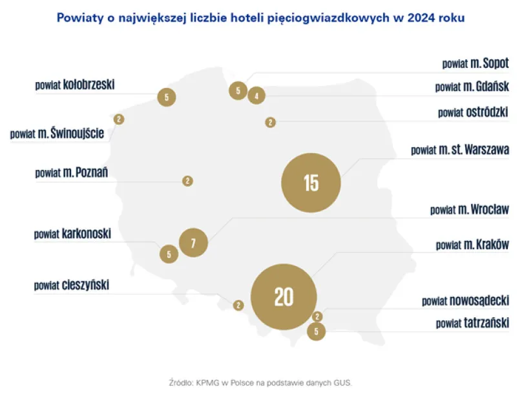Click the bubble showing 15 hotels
(311, 183)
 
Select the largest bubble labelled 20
(284, 296)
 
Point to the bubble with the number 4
(256, 96)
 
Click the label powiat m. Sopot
(475, 63)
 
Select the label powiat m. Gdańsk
(472, 87)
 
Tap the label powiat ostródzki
(473, 112)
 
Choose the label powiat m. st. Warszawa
(460, 150)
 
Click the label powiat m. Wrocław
(469, 210)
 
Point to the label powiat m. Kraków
(472, 245)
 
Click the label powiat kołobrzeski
(75, 85)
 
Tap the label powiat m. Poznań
(71, 172)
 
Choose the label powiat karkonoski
(72, 234)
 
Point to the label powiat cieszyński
(72, 284)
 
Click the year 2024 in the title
(419, 17)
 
